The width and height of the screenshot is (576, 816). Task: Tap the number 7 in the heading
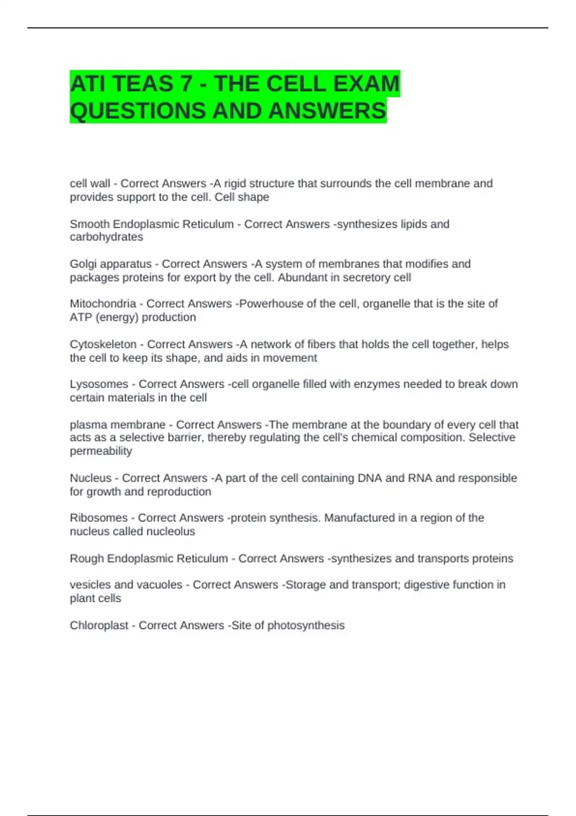click(x=186, y=84)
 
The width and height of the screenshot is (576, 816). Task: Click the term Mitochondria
click(x=103, y=304)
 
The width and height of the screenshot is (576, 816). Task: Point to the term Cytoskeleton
click(x=103, y=345)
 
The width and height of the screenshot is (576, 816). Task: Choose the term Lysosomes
click(x=99, y=384)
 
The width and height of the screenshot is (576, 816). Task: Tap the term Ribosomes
click(x=98, y=518)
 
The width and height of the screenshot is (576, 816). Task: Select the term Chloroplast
click(x=99, y=625)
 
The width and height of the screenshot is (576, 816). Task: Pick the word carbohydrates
click(x=106, y=237)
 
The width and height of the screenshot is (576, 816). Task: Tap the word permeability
click(x=101, y=451)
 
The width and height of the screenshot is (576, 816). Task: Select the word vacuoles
click(x=159, y=585)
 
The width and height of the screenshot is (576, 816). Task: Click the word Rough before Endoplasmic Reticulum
click(x=86, y=559)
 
